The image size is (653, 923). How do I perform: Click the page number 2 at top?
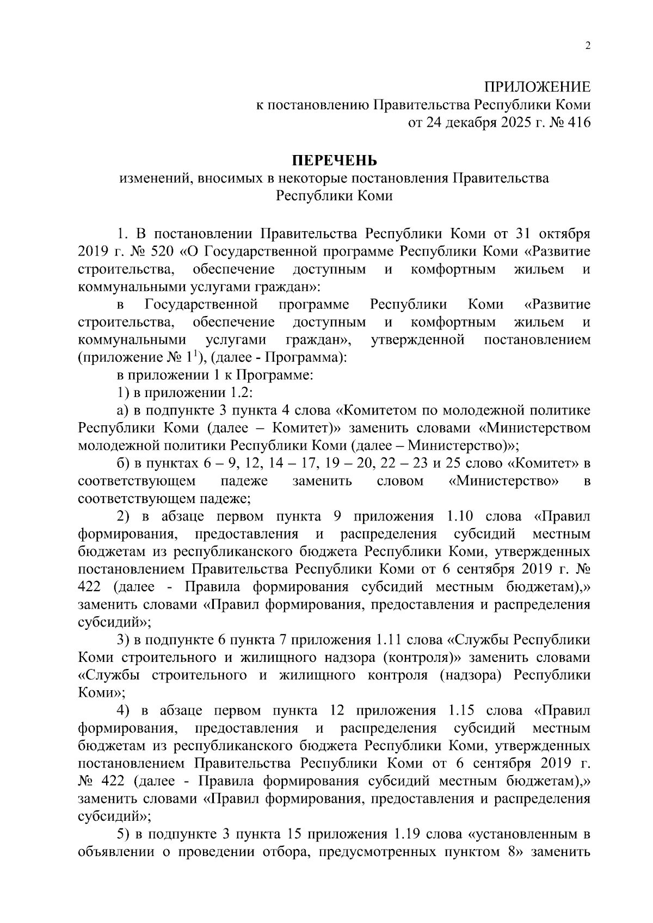[587, 46]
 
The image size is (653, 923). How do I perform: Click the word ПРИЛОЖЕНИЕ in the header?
[537, 87]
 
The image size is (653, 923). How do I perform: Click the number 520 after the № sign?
[155, 252]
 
